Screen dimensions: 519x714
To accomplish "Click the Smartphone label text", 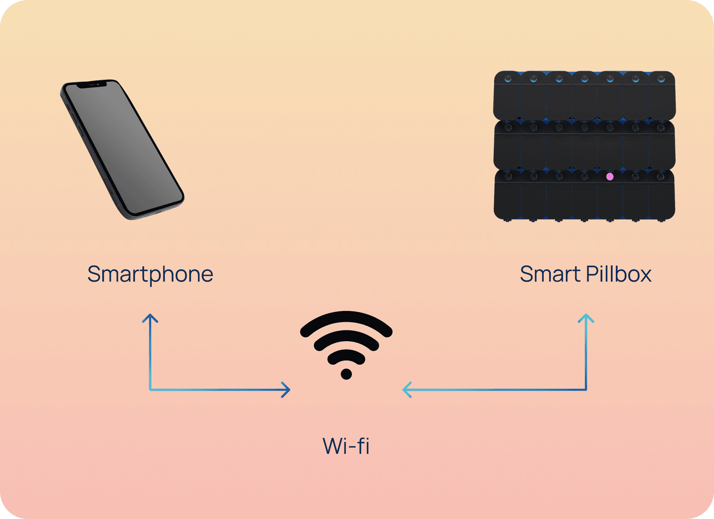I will point(150,275).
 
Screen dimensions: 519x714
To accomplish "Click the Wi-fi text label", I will point(346,446).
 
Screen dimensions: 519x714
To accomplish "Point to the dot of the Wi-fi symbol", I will point(346,374).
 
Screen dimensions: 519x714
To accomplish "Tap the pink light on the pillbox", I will point(610,177).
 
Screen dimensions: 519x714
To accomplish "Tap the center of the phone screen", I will point(123,149).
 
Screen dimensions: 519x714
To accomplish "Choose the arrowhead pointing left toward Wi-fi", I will point(406,390).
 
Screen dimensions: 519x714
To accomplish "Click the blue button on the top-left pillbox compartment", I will point(508,79).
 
